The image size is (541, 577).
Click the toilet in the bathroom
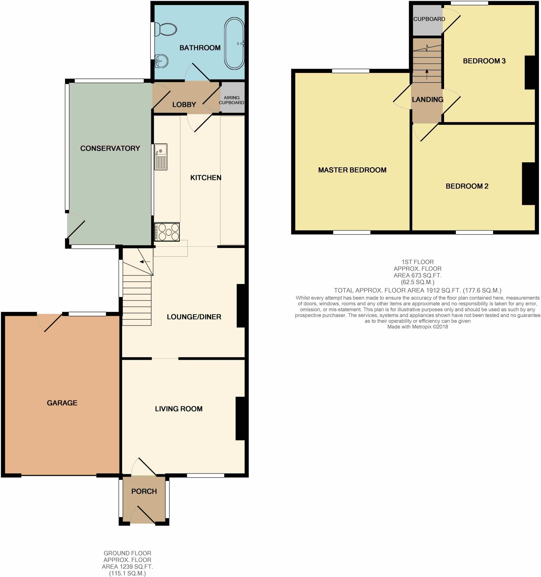click(x=165, y=29)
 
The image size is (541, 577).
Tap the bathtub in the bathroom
click(x=234, y=44)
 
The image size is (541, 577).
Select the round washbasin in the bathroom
click(x=161, y=61)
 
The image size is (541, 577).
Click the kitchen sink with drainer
click(x=161, y=157)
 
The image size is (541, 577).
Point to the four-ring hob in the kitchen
click(x=167, y=232)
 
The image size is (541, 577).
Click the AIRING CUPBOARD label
click(x=231, y=100)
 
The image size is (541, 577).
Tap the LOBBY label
click(x=184, y=105)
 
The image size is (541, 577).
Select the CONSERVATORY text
click(x=110, y=148)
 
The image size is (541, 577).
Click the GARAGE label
click(x=62, y=403)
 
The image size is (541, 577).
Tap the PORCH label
click(x=144, y=491)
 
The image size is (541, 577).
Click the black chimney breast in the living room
click(x=241, y=418)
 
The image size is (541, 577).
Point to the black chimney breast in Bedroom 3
click(x=530, y=72)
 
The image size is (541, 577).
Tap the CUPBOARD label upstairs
click(x=429, y=19)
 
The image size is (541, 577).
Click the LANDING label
click(x=427, y=99)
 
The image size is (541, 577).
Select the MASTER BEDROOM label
click(x=352, y=170)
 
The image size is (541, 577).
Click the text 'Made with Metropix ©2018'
click(x=417, y=327)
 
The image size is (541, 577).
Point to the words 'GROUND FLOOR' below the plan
click(x=127, y=553)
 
